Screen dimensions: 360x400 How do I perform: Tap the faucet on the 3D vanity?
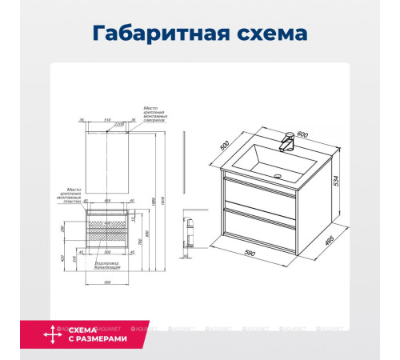[285, 145]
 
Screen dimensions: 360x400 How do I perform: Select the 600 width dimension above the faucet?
[302, 134]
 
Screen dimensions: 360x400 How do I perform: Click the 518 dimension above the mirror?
[98, 122]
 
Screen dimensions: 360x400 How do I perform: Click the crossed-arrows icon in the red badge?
[53, 334]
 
